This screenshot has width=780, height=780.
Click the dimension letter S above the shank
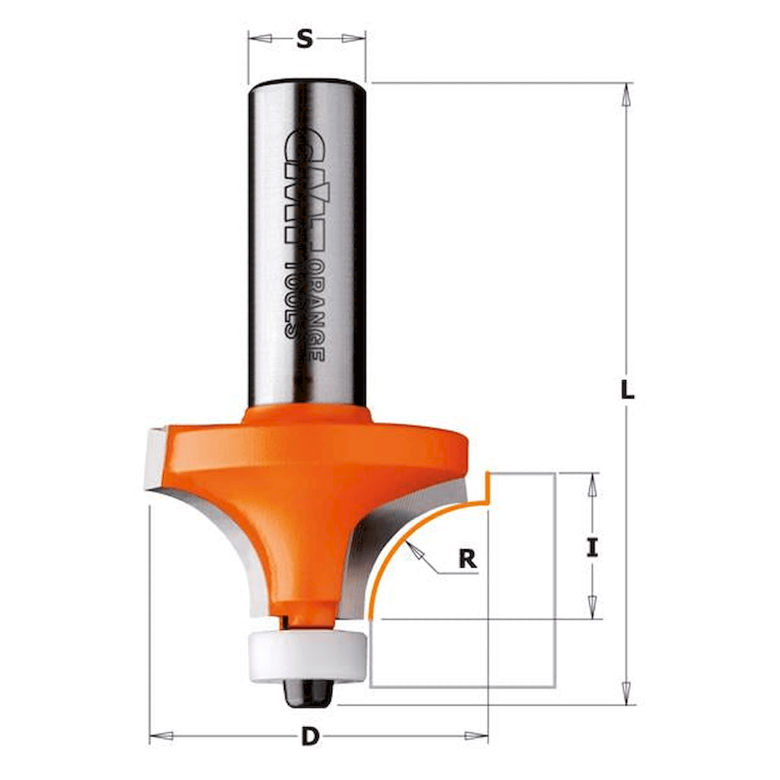point(304,39)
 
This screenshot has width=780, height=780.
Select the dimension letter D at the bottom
point(310,736)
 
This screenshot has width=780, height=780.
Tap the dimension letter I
point(592,548)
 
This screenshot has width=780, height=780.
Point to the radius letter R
point(467,558)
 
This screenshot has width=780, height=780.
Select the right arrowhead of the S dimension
point(353,39)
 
